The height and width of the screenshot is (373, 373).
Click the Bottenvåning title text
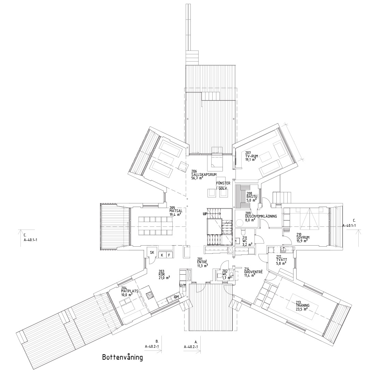click(122, 358)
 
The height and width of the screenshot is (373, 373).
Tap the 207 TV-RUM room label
click(252, 156)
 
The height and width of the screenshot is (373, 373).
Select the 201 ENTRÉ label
click(203, 262)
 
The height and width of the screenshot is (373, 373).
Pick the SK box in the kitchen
click(152, 252)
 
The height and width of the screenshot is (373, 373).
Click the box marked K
click(162, 255)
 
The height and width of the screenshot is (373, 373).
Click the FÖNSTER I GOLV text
click(224, 185)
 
